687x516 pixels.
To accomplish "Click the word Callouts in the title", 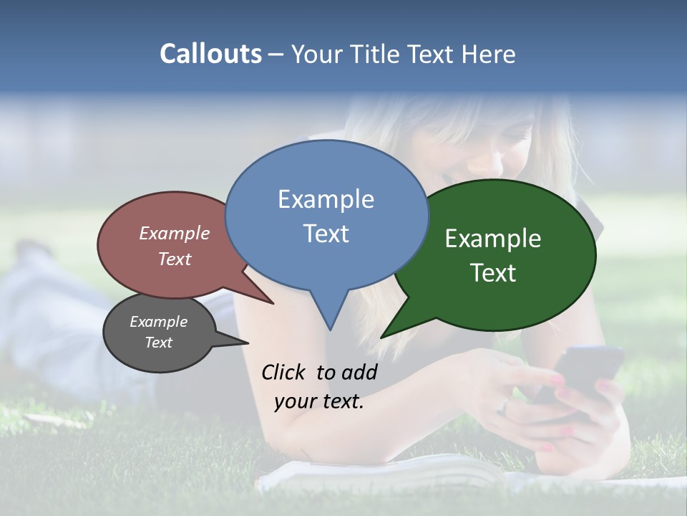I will tap(210, 54).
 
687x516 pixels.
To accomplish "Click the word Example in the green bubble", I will tap(493, 239).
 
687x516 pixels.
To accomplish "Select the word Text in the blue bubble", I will tap(326, 234).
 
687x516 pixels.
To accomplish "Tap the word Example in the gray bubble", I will tap(159, 322).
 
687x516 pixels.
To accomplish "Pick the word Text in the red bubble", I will tap(175, 259).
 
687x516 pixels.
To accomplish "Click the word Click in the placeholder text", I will tap(285, 372).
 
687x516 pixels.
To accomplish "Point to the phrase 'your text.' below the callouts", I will tap(319, 401).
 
